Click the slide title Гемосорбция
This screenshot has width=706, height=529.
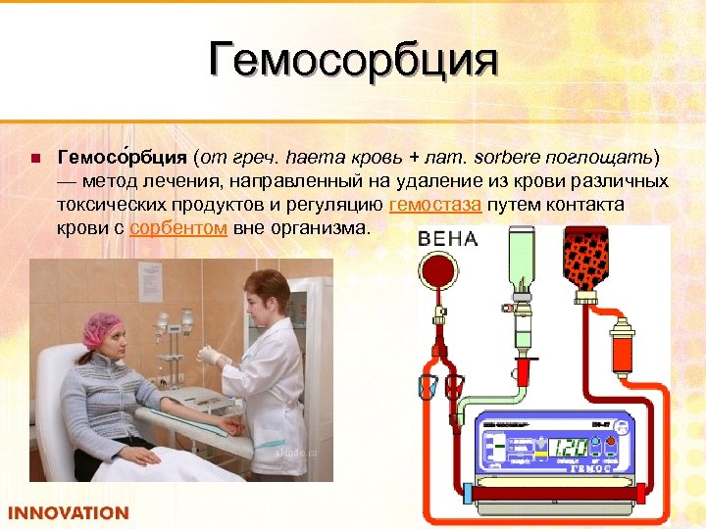click(353, 61)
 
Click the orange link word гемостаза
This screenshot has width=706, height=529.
click(434, 205)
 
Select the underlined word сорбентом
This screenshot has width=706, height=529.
click(179, 228)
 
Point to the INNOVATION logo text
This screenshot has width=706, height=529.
click(69, 512)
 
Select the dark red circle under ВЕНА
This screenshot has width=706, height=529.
click(441, 274)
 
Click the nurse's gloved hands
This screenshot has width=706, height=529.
click(216, 359)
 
